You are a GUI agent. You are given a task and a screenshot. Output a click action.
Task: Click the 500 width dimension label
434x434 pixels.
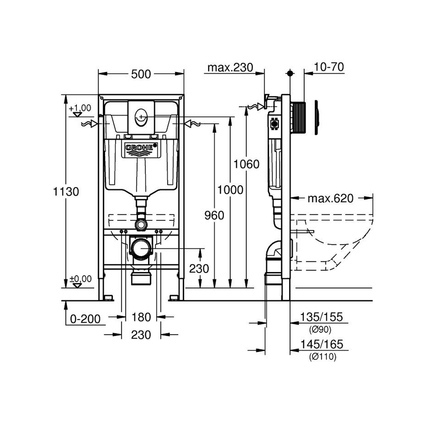(141, 74)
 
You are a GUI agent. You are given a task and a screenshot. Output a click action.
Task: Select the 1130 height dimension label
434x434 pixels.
(66, 191)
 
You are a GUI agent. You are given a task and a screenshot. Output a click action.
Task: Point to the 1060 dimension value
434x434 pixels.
(247, 164)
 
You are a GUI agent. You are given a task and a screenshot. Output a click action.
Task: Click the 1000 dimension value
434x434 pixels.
(230, 190)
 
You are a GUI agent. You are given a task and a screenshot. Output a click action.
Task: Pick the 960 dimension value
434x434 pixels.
(214, 215)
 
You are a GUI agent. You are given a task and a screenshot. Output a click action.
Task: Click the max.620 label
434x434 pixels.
(330, 198)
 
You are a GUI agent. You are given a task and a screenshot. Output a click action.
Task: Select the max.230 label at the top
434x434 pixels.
(230, 67)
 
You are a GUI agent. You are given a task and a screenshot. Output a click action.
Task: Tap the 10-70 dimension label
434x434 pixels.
(329, 67)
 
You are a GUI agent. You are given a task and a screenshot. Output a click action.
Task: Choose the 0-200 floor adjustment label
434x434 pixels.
(85, 319)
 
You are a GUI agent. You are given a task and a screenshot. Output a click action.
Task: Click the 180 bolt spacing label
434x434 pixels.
(141, 317)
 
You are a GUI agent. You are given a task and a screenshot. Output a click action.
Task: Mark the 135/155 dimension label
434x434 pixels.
(321, 317)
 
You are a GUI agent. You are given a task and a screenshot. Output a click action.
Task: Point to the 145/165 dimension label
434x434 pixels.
(322, 344)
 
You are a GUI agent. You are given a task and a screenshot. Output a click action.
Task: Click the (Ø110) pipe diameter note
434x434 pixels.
(323, 357)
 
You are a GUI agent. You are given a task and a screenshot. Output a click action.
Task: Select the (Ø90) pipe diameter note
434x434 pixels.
(320, 329)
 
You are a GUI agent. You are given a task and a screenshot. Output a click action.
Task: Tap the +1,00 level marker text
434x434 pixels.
(80, 108)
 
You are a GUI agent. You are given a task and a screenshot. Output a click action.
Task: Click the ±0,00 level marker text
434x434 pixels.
(80, 279)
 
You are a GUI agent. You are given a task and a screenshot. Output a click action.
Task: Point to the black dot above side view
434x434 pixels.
(290, 73)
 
